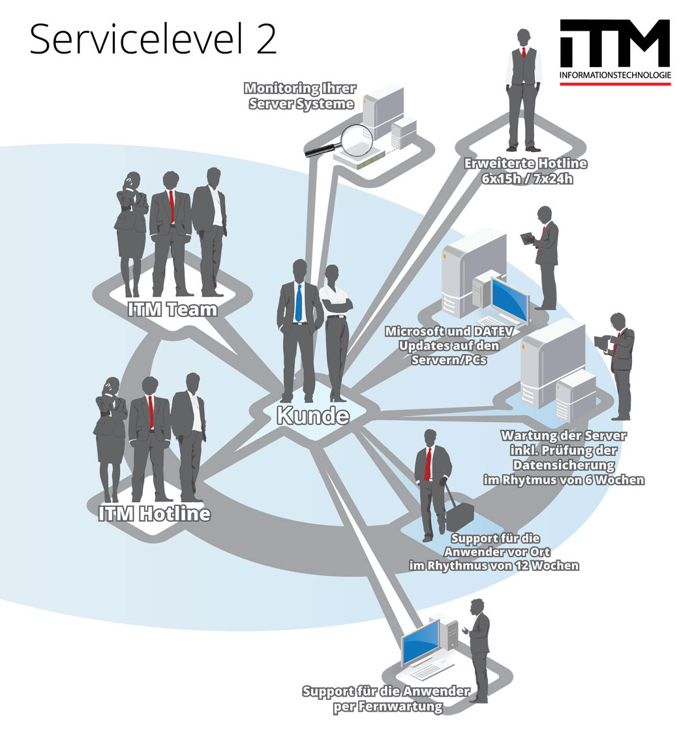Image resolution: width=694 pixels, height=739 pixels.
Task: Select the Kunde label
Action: pos(312,415)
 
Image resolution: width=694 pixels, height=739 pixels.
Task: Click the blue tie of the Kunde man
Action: pos(298,303)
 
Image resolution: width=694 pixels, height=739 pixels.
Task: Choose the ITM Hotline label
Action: pos(155,514)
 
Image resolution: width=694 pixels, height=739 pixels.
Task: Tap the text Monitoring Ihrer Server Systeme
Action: pos(299,96)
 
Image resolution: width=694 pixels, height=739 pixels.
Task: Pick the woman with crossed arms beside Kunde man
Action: pos(337,333)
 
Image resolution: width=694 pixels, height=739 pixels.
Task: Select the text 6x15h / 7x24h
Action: pos(527,178)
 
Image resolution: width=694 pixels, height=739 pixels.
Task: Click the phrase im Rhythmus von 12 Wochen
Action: pos(494,566)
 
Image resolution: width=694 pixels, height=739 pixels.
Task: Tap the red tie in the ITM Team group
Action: pos(172,207)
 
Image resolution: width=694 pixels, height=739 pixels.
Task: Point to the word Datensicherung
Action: pos(564,465)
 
